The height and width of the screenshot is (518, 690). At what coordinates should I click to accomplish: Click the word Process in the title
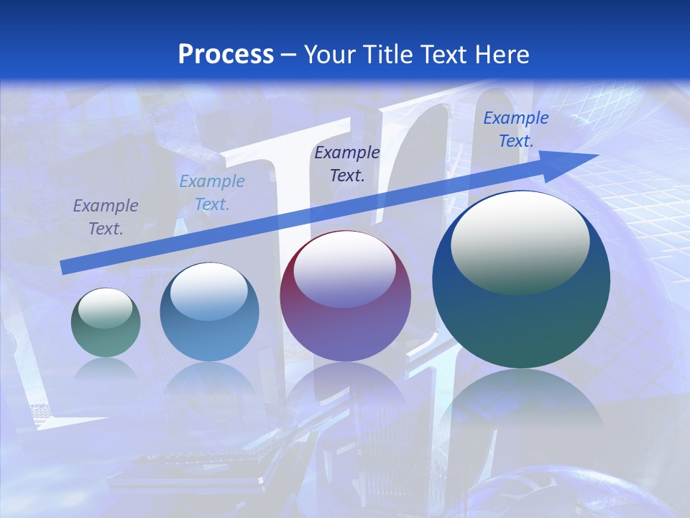coord(226,54)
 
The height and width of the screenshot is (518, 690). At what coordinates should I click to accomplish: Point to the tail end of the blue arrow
coord(65,267)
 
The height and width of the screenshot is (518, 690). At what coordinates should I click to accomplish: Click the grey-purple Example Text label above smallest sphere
coord(106,217)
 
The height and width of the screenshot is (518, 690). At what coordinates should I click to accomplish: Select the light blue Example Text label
coord(212,193)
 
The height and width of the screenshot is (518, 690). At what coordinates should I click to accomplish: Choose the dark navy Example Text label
coord(347,163)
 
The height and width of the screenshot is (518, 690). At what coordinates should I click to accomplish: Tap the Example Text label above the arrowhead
coord(515,129)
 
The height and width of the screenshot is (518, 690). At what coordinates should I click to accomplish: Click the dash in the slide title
coord(288,55)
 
